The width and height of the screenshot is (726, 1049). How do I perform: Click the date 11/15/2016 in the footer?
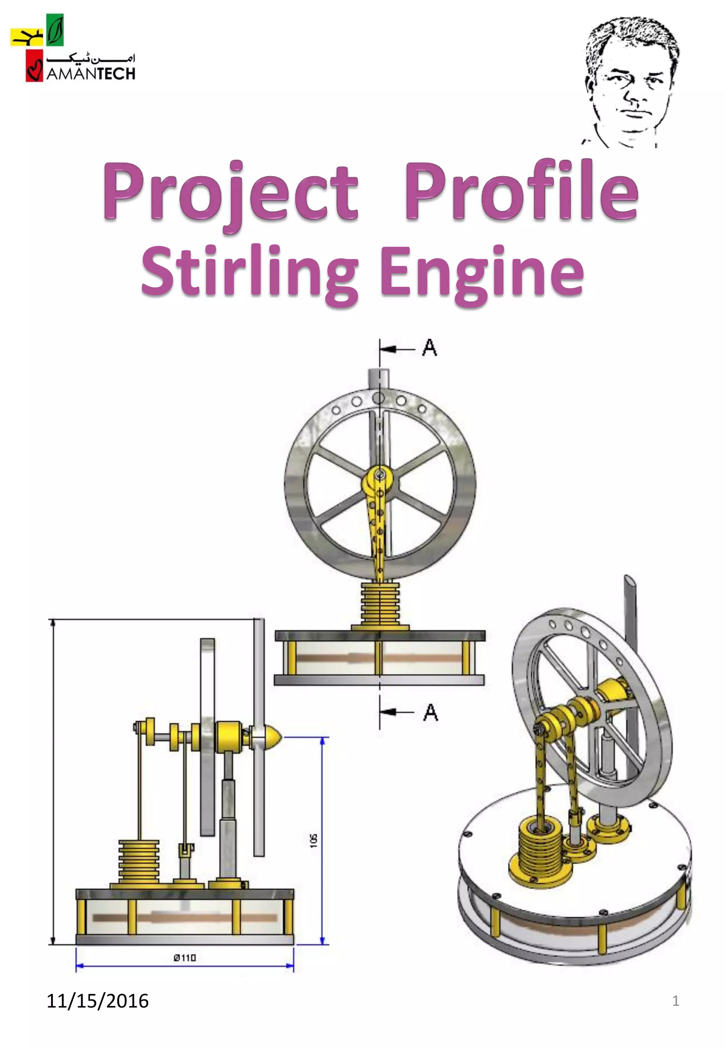(x=97, y=1001)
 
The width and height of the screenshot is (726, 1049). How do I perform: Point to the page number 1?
(x=676, y=1001)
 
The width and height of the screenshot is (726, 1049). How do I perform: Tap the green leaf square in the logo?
(x=55, y=30)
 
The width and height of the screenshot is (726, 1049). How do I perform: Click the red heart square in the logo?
(x=34, y=66)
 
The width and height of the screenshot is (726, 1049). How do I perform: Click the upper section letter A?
(x=429, y=348)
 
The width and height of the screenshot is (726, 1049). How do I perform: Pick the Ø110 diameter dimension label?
(x=185, y=958)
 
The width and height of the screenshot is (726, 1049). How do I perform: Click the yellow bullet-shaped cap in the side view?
(x=272, y=736)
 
